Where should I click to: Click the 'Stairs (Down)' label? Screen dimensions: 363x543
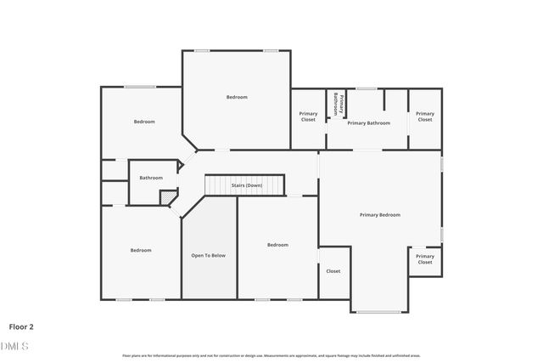[x=247, y=184]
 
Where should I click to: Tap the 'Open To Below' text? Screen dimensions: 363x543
[x=208, y=255]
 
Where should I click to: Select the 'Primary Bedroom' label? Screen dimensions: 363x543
[x=379, y=214]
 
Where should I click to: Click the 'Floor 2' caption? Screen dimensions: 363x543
[x=21, y=326]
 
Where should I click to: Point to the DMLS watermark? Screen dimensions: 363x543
[x=14, y=345]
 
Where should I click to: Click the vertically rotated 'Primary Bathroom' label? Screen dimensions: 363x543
[x=336, y=104]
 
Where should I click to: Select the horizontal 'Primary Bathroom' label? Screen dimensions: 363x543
[x=368, y=123]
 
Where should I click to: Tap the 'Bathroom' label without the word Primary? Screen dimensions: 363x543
[x=151, y=178]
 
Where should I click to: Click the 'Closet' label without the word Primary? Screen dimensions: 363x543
[x=333, y=271]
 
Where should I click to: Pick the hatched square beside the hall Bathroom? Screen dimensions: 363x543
[x=169, y=197]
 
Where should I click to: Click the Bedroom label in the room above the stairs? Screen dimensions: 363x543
[x=237, y=97]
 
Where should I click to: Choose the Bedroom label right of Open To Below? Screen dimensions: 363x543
[x=277, y=245]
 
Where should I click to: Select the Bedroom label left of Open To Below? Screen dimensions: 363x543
[x=140, y=250]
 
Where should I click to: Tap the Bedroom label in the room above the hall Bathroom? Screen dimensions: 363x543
[x=144, y=122]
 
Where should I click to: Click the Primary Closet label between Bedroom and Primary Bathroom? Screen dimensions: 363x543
[x=308, y=116]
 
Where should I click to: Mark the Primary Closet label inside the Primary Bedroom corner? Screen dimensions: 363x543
[x=424, y=258]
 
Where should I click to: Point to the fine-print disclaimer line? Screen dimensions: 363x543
[x=271, y=355]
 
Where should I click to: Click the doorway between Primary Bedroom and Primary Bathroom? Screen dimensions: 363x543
[x=367, y=150]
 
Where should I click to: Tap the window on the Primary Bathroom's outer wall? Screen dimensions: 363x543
[x=367, y=88]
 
